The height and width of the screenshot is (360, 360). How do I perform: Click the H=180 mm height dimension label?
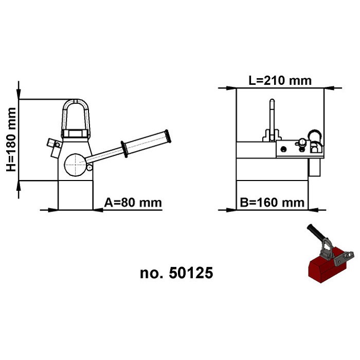(x=11, y=139)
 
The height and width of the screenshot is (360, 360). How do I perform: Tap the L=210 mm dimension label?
(x=280, y=81)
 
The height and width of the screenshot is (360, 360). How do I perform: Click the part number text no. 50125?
(x=176, y=273)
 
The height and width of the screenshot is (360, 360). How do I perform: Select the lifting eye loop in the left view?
(x=76, y=116)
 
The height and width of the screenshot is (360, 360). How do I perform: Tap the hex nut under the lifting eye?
(x=76, y=135)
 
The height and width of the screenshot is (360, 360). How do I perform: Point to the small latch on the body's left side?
(x=52, y=145)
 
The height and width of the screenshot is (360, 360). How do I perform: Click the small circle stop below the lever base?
(x=89, y=167)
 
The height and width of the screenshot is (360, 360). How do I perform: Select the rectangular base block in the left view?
(x=76, y=195)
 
